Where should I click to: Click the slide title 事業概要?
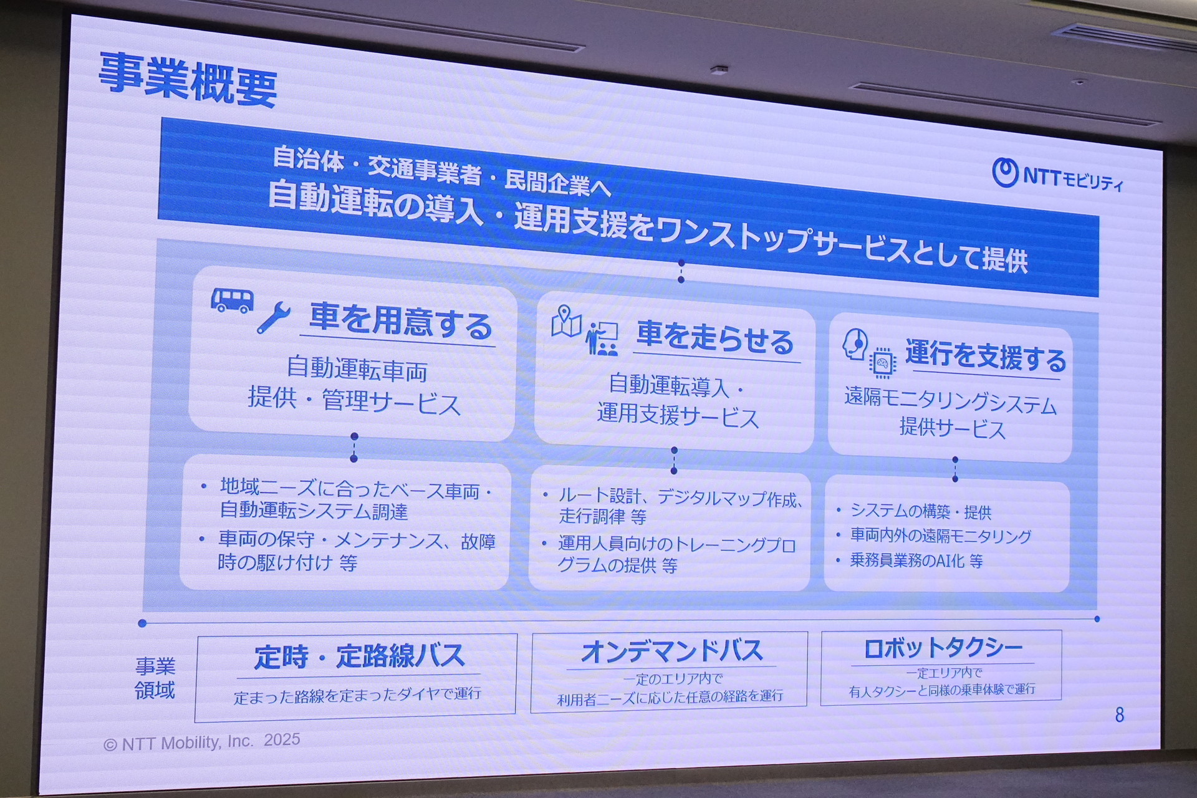(x=188, y=79)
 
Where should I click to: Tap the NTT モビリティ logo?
(x=1058, y=175)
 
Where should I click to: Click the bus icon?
(x=232, y=300)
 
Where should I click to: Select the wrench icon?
(x=273, y=317)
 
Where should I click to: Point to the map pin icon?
(x=566, y=321)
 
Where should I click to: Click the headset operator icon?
(x=855, y=344)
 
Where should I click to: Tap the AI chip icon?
(x=882, y=363)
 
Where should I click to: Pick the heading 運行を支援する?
(x=986, y=356)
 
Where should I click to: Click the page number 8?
(x=1120, y=714)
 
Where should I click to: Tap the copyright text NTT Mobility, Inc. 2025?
(x=202, y=743)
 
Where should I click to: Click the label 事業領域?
(x=155, y=678)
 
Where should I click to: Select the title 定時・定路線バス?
(x=359, y=656)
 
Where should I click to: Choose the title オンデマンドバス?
(x=672, y=651)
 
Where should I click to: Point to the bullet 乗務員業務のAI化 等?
(x=916, y=560)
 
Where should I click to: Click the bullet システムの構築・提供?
(x=921, y=511)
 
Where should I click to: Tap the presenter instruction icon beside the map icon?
(x=602, y=339)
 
